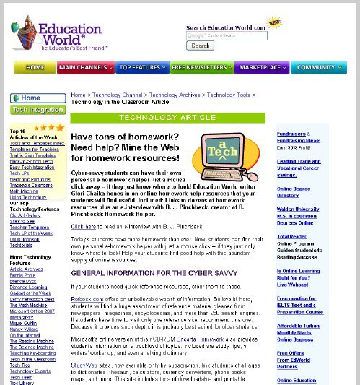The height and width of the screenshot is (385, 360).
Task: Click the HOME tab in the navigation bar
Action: coord(35,67)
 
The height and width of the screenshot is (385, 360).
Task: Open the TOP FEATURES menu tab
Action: coord(141,67)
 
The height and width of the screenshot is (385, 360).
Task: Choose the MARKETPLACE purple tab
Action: coord(260,67)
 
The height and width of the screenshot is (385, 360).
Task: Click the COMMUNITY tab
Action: coord(317,67)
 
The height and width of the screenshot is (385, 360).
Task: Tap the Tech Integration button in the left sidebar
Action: coord(37,110)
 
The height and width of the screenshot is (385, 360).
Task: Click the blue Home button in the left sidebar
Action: coord(27,98)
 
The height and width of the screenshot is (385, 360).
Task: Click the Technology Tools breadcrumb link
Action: coord(228,95)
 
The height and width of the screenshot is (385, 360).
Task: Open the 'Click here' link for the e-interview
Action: coord(83,226)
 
